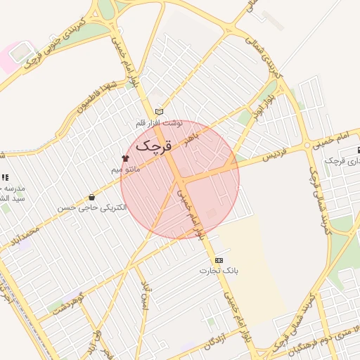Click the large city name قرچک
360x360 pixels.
click(x=153, y=146)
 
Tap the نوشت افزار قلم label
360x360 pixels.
click(x=159, y=123)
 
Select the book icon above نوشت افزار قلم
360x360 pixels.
click(x=159, y=112)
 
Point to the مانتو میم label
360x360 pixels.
click(x=127, y=169)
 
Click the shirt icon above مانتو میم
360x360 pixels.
click(x=126, y=158)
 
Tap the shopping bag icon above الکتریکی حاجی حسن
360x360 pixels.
click(x=92, y=198)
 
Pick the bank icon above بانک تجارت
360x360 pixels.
click(x=218, y=259)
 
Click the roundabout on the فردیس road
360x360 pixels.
click(x=307, y=145)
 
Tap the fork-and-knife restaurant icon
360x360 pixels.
click(x=6, y=178)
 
